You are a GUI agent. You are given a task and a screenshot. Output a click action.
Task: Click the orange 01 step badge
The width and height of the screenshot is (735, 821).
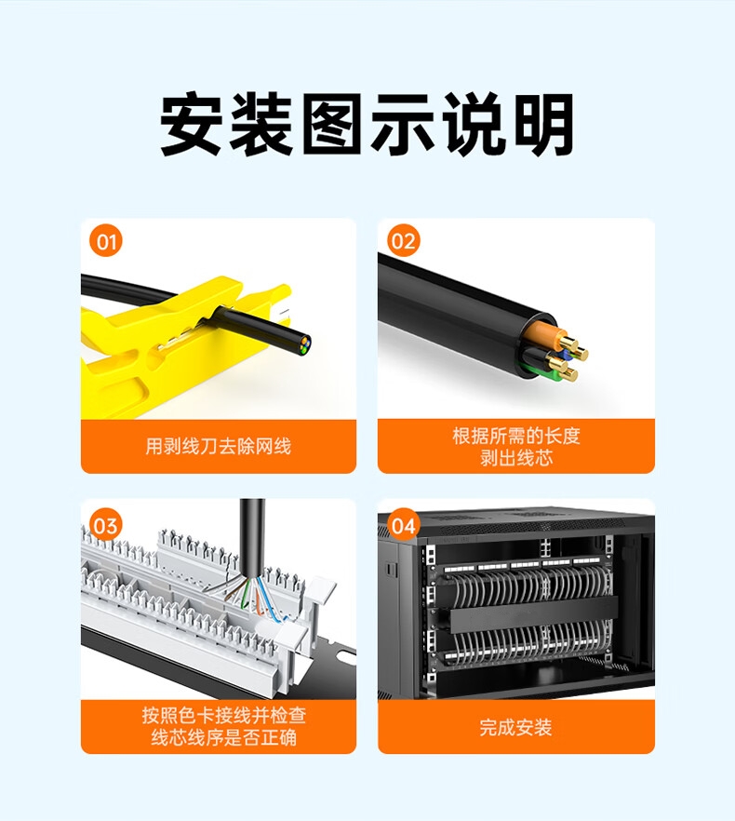coord(106,241)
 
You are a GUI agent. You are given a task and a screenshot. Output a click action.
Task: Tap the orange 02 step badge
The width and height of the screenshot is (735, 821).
coord(403,241)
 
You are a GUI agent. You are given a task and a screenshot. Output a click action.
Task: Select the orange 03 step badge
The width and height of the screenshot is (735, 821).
coord(106,525)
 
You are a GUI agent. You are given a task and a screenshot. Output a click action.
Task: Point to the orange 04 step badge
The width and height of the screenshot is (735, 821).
coord(403,525)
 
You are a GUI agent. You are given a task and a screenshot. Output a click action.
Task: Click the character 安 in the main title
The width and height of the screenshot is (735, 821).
coord(192,125)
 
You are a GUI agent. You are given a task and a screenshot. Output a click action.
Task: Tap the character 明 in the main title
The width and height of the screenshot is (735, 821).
coord(544,125)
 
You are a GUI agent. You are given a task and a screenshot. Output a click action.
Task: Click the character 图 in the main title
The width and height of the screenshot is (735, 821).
coord(333,125)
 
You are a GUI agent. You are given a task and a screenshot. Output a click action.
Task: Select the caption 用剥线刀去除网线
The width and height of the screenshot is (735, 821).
coord(219,447)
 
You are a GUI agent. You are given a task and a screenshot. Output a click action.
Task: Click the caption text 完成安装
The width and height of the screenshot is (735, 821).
coord(515,727)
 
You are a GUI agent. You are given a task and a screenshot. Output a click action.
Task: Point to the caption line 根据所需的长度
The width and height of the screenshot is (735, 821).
coord(516,436)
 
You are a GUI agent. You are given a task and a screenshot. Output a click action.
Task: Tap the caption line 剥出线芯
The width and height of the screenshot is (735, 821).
coord(516,458)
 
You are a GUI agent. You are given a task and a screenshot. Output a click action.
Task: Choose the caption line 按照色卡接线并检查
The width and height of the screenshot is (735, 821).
coord(224,715)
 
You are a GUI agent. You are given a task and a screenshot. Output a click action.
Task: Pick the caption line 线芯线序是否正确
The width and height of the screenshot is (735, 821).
coord(224,738)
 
